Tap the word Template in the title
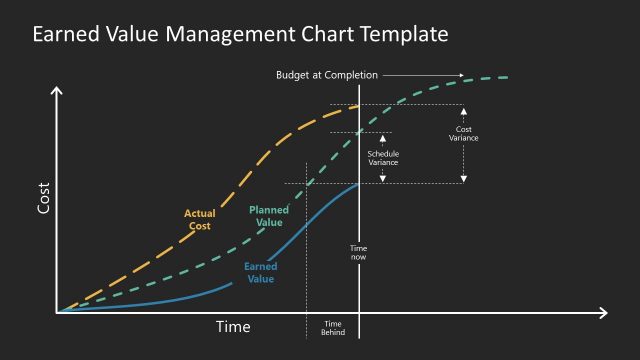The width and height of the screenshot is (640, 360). [x=400, y=35]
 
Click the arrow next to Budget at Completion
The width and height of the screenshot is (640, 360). [x=425, y=75]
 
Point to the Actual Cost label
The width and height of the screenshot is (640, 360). [x=199, y=219]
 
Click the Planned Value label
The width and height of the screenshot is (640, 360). [x=268, y=216]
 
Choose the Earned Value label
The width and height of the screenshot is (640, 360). [x=260, y=272]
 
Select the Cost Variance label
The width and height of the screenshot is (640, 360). [x=464, y=134]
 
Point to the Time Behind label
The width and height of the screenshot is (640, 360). [x=333, y=327]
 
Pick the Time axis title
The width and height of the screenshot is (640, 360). [x=233, y=327]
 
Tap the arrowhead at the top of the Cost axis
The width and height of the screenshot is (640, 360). [x=57, y=91]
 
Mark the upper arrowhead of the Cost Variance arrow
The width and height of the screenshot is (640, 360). [x=463, y=110]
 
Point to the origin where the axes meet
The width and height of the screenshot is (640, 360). [x=58, y=313]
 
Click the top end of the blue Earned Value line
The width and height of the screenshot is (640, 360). [x=358, y=184]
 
